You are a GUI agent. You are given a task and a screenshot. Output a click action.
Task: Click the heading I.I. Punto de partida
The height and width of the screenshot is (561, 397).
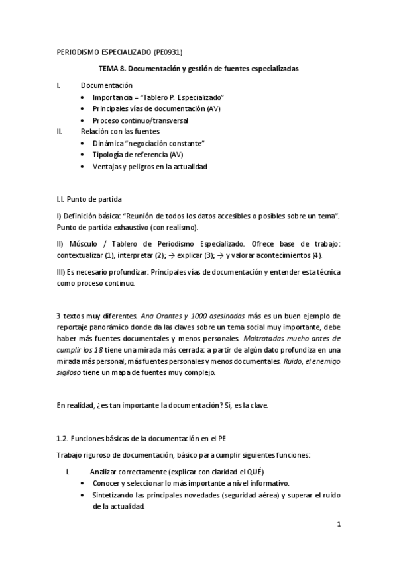[x=89, y=198]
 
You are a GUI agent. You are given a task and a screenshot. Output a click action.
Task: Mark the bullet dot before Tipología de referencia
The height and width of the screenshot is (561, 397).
[x=82, y=155]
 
